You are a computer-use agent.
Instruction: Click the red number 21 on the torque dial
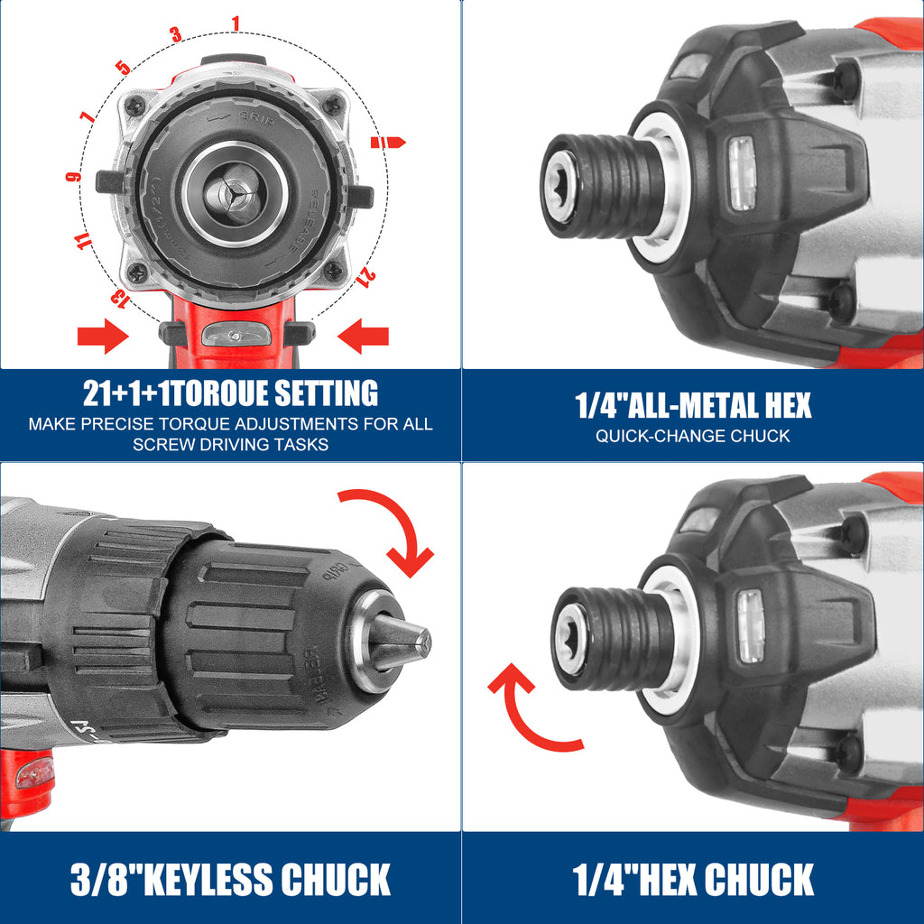pos(366,278)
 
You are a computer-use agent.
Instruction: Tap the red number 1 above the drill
pos(236,23)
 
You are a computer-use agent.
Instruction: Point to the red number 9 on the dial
pos(73,176)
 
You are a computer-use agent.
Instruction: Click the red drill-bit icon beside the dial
pos(388,142)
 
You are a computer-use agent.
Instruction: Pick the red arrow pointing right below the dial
pos(103,336)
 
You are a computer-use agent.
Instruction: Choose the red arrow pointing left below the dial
pos(363,336)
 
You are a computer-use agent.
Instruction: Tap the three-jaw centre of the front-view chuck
pos(234,194)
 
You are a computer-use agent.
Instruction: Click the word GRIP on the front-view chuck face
pos(256,117)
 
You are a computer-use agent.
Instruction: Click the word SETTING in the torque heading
pos(326,393)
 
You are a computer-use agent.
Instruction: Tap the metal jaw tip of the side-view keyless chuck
pos(401,642)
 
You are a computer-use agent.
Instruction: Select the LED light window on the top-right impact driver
pos(742,173)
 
